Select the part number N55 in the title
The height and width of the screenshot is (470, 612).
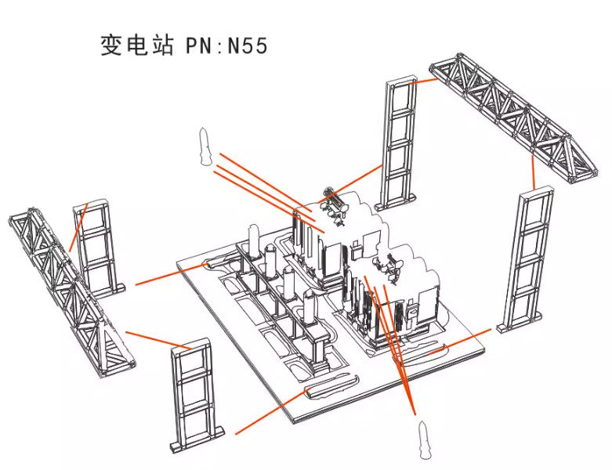click(x=248, y=46)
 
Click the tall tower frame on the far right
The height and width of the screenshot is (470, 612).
click(x=527, y=259)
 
